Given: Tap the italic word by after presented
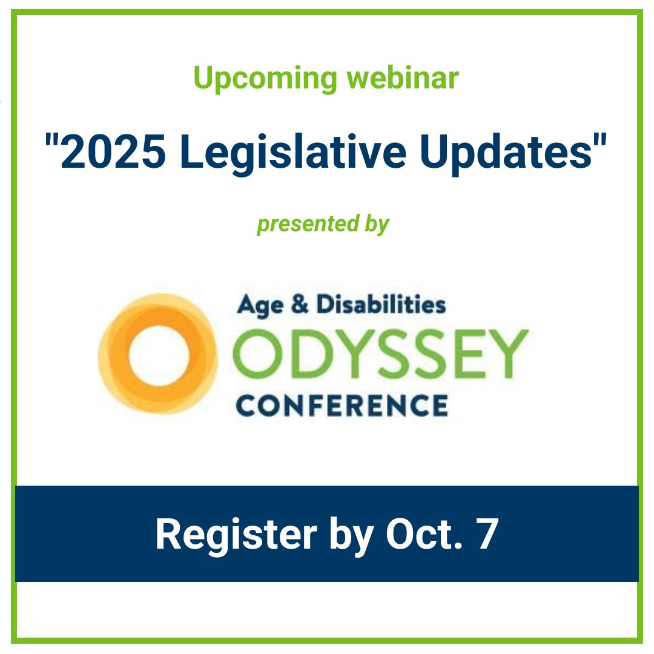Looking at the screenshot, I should (x=377, y=224).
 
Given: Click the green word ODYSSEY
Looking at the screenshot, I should (x=380, y=354).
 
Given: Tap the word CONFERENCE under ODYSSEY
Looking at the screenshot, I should (x=342, y=404).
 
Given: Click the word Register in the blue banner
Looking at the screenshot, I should (x=236, y=533).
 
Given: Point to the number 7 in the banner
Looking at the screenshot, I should (x=486, y=533).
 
